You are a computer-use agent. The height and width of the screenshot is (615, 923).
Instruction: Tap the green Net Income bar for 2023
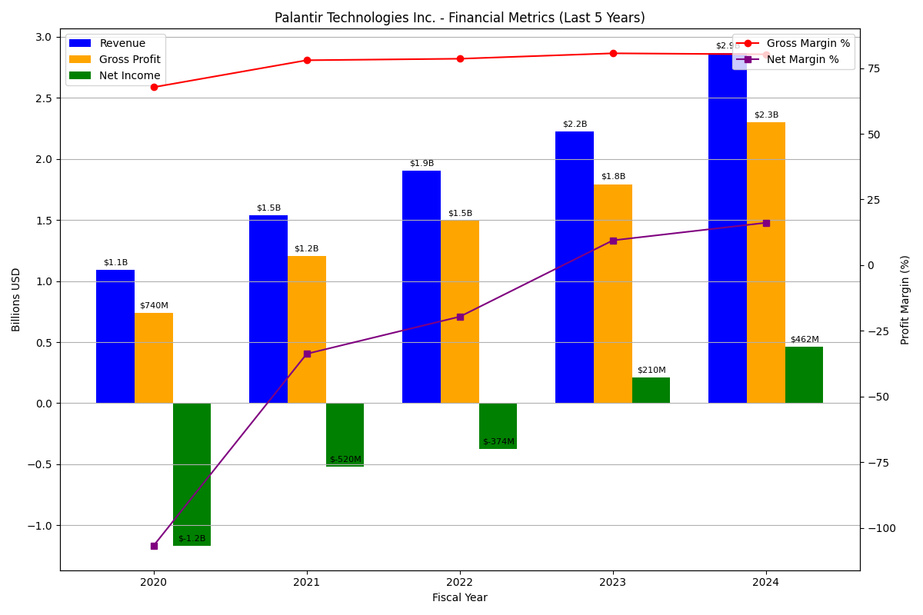(x=651, y=390)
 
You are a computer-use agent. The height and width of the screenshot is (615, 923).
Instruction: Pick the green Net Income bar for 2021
(x=345, y=434)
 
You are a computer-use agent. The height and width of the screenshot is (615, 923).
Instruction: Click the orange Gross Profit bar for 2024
(x=766, y=262)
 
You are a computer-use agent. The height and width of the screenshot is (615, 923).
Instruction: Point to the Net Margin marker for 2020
(x=154, y=546)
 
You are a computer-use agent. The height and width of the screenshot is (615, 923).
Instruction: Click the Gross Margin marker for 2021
(x=307, y=60)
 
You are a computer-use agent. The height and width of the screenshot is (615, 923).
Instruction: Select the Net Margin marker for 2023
(x=613, y=241)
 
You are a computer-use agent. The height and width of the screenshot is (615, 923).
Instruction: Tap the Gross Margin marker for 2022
(x=460, y=58)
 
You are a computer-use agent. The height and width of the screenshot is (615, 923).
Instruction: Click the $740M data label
(x=154, y=306)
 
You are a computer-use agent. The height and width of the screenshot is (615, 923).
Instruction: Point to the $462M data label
(x=805, y=340)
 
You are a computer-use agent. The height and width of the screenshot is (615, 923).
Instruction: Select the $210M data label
(x=651, y=371)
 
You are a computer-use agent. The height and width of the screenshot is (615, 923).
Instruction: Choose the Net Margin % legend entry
(x=803, y=60)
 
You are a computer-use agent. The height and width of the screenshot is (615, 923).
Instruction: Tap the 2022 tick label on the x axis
(x=460, y=583)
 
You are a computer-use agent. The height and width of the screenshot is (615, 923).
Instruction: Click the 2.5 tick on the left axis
(x=43, y=98)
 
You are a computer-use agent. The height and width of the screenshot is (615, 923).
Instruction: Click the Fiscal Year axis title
(x=460, y=598)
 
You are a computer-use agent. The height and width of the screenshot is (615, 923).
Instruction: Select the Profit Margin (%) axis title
(x=905, y=300)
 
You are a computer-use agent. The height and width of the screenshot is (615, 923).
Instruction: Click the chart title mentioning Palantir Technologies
(x=460, y=18)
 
